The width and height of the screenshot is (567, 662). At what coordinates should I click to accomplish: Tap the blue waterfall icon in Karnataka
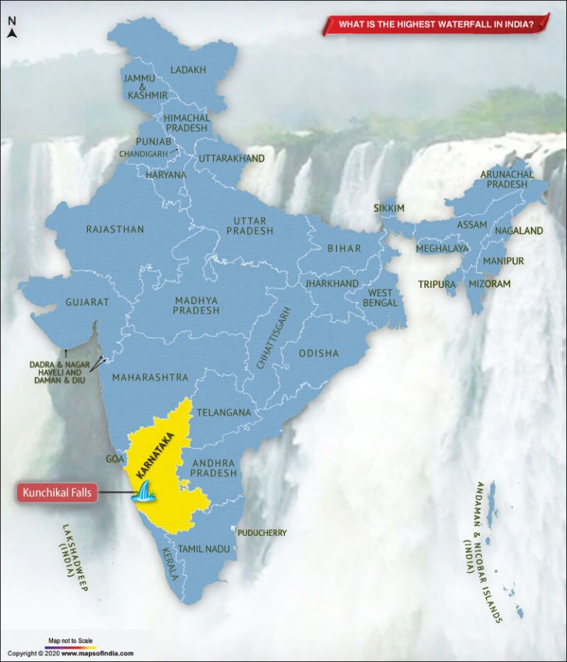[x=143, y=492]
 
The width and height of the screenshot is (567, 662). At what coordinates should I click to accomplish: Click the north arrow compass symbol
[x=12, y=28]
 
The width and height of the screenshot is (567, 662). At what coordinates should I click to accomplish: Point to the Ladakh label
[x=188, y=70]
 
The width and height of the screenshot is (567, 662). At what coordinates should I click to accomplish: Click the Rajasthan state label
[x=115, y=230]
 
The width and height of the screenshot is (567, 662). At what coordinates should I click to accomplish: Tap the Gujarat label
[x=87, y=302]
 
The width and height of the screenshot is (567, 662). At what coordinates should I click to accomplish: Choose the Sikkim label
[x=389, y=208]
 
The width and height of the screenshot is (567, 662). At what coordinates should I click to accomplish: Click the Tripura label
[x=436, y=283]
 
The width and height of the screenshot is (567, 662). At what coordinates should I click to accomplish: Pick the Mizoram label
[x=489, y=283]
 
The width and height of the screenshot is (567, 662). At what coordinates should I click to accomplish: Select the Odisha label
[x=319, y=354]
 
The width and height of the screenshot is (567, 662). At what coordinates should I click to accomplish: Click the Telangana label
[x=224, y=413]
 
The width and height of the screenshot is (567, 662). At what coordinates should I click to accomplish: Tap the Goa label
[x=114, y=459]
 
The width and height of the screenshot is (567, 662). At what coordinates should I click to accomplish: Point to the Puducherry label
[x=262, y=532]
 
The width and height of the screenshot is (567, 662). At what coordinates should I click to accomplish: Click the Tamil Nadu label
[x=204, y=548]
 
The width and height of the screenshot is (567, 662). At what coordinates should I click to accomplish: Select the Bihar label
[x=344, y=249]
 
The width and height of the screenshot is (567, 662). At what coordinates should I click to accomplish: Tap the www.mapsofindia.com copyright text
[x=97, y=653]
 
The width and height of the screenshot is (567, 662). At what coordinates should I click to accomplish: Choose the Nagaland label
[x=518, y=231]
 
